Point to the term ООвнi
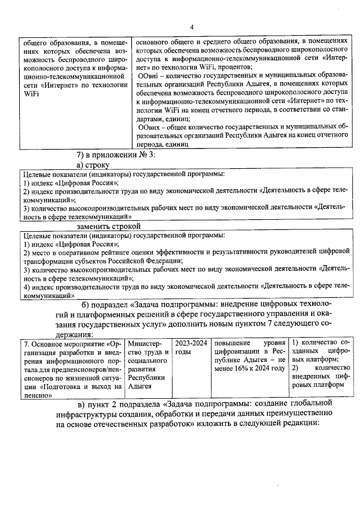tap(149, 76)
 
